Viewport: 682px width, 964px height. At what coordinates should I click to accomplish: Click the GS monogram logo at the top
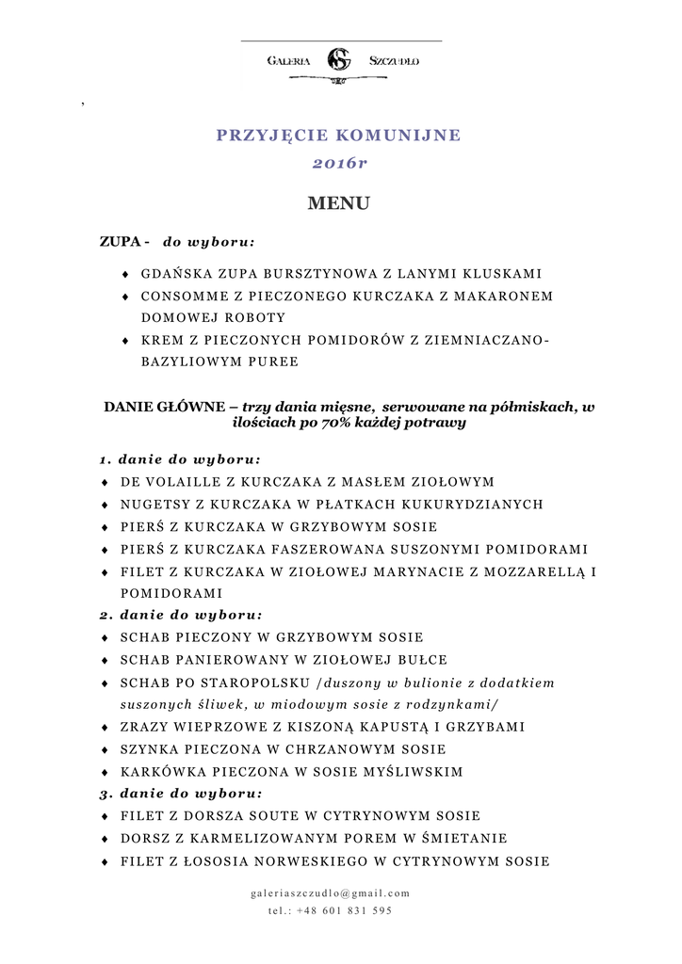(x=338, y=60)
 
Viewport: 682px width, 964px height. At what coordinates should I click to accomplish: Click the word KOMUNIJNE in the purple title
(x=405, y=135)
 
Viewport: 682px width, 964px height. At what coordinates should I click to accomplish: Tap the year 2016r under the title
(x=338, y=164)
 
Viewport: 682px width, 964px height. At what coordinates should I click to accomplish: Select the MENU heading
(x=338, y=203)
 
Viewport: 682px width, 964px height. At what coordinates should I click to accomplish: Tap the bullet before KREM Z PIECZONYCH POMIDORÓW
(x=126, y=340)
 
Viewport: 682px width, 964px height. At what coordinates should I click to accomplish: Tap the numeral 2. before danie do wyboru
(x=105, y=615)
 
